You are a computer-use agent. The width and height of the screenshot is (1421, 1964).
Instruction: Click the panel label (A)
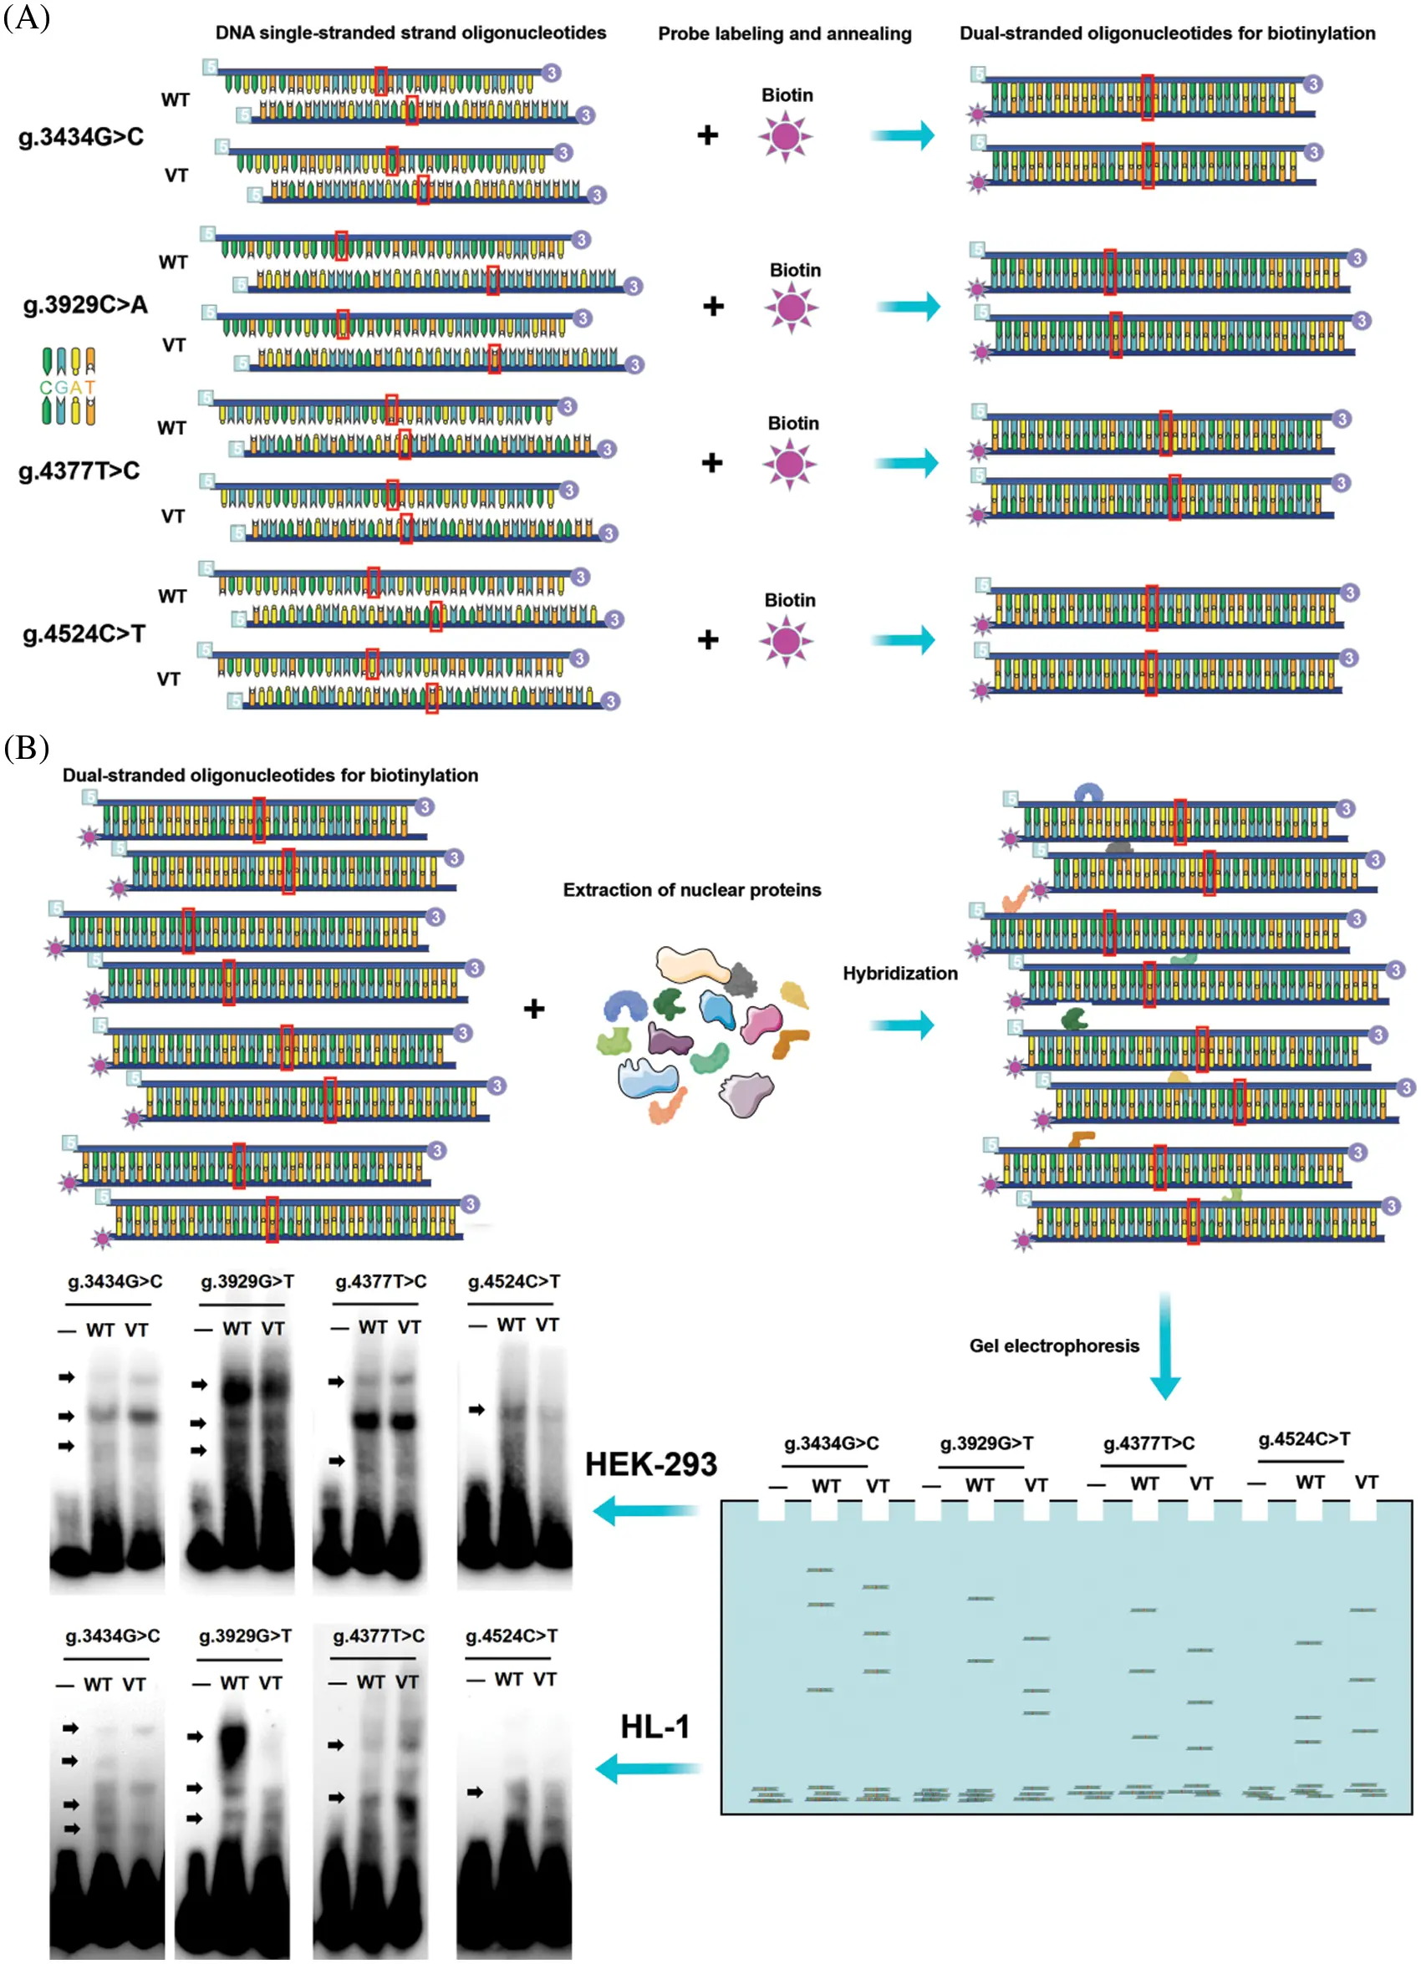pyautogui.click(x=27, y=18)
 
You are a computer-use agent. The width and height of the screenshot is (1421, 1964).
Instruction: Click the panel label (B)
pyautogui.click(x=27, y=747)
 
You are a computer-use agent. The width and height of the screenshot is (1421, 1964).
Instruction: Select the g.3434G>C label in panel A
pyautogui.click(x=80, y=137)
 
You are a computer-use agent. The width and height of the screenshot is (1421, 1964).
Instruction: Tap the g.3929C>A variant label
pyautogui.click(x=85, y=305)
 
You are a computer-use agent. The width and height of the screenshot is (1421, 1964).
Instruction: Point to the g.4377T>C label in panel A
pyautogui.click(x=79, y=471)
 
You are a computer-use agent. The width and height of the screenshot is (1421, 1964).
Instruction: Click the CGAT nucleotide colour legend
pyautogui.click(x=68, y=386)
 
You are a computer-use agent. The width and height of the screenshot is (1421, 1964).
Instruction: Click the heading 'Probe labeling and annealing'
pyautogui.click(x=784, y=33)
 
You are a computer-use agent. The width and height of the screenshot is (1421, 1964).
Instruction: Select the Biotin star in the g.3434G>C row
pyautogui.click(x=785, y=136)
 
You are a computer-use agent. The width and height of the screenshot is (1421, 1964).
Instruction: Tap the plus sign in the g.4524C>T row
pyautogui.click(x=707, y=640)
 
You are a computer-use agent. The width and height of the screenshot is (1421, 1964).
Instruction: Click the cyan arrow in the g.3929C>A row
pyautogui.click(x=908, y=306)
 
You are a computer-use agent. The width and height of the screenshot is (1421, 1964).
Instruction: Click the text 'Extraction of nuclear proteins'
pyautogui.click(x=691, y=890)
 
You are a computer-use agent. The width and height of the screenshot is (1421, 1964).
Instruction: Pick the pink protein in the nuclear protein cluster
pyautogui.click(x=761, y=1023)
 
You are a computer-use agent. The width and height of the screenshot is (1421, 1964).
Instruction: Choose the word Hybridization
pyautogui.click(x=899, y=974)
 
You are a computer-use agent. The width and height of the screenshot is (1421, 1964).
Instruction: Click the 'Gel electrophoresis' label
pyautogui.click(x=1054, y=1346)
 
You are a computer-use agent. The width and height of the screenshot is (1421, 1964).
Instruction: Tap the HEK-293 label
pyautogui.click(x=650, y=1464)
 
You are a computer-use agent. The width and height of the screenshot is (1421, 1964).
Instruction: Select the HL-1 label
pyautogui.click(x=654, y=1727)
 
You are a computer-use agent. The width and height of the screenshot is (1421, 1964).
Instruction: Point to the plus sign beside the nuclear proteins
pyautogui.click(x=533, y=1009)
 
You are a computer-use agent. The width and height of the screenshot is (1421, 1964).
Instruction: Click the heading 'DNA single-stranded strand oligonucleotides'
pyautogui.click(x=410, y=33)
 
